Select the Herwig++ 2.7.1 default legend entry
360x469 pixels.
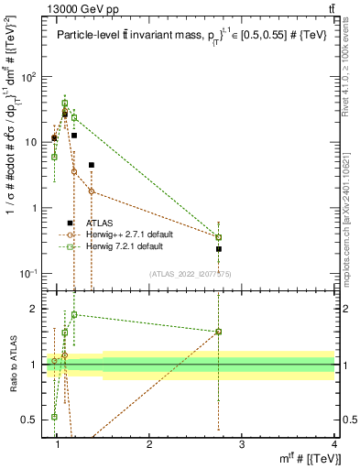pyautogui.click(x=124, y=234)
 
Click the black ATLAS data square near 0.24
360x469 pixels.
pyautogui.click(x=219, y=248)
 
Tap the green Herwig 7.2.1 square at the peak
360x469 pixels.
pyautogui.click(x=64, y=104)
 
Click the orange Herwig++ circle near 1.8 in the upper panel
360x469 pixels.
pyautogui.click(x=92, y=191)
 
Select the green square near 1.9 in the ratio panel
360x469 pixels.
pyautogui.click(x=74, y=314)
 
